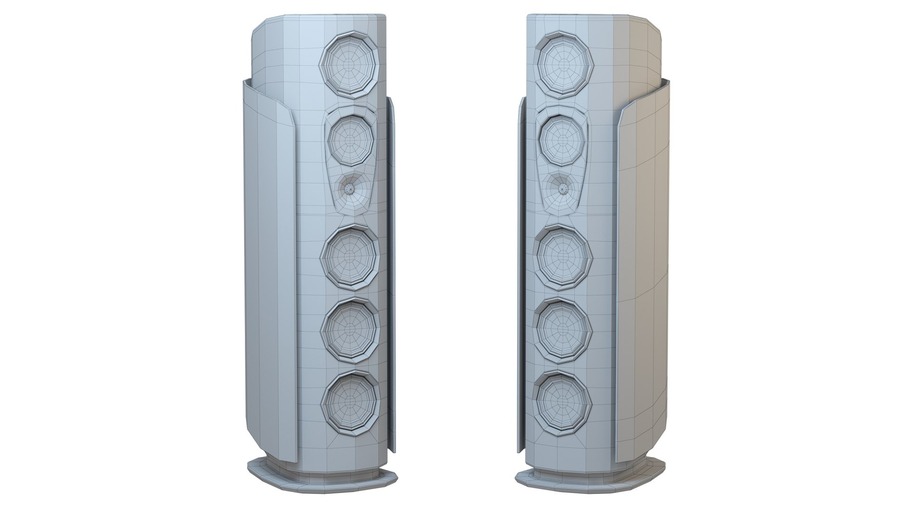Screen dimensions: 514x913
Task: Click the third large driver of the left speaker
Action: click(350, 258)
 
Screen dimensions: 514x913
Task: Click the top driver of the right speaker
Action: click(564, 65)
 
